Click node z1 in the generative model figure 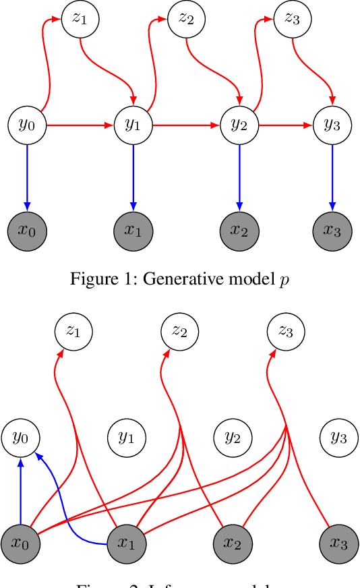pos(80,18)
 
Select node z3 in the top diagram pos(292,18)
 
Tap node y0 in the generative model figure pos(27,125)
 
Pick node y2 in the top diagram pos(239,125)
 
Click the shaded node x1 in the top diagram pos(133,230)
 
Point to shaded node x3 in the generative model pos(332,230)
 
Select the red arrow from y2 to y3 pos(286,125)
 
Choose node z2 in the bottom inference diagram pos(179,331)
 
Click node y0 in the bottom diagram pos(21,437)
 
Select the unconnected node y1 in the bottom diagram pos(126,437)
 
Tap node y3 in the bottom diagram pos(338,437)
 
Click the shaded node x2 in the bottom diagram pos(233,543)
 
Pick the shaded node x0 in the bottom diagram pos(21,543)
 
